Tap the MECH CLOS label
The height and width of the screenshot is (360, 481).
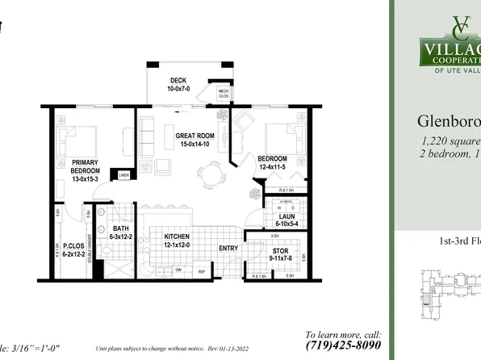pyautogui.click(x=224, y=94)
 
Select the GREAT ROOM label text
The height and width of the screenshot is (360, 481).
pyautogui.click(x=195, y=140)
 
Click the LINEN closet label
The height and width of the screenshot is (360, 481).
pyautogui.click(x=123, y=175)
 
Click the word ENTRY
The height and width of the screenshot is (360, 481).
pyautogui.click(x=228, y=248)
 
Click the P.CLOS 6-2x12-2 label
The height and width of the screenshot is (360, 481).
pyautogui.click(x=68, y=249)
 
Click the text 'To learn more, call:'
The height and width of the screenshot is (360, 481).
pyautogui.click(x=343, y=334)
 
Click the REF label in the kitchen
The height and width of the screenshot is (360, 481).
pyautogui.click(x=204, y=272)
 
